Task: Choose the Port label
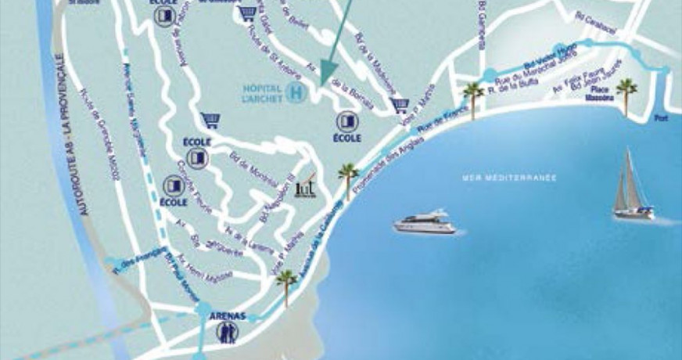coord(662,119)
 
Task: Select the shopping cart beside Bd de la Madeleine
coord(401,105)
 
